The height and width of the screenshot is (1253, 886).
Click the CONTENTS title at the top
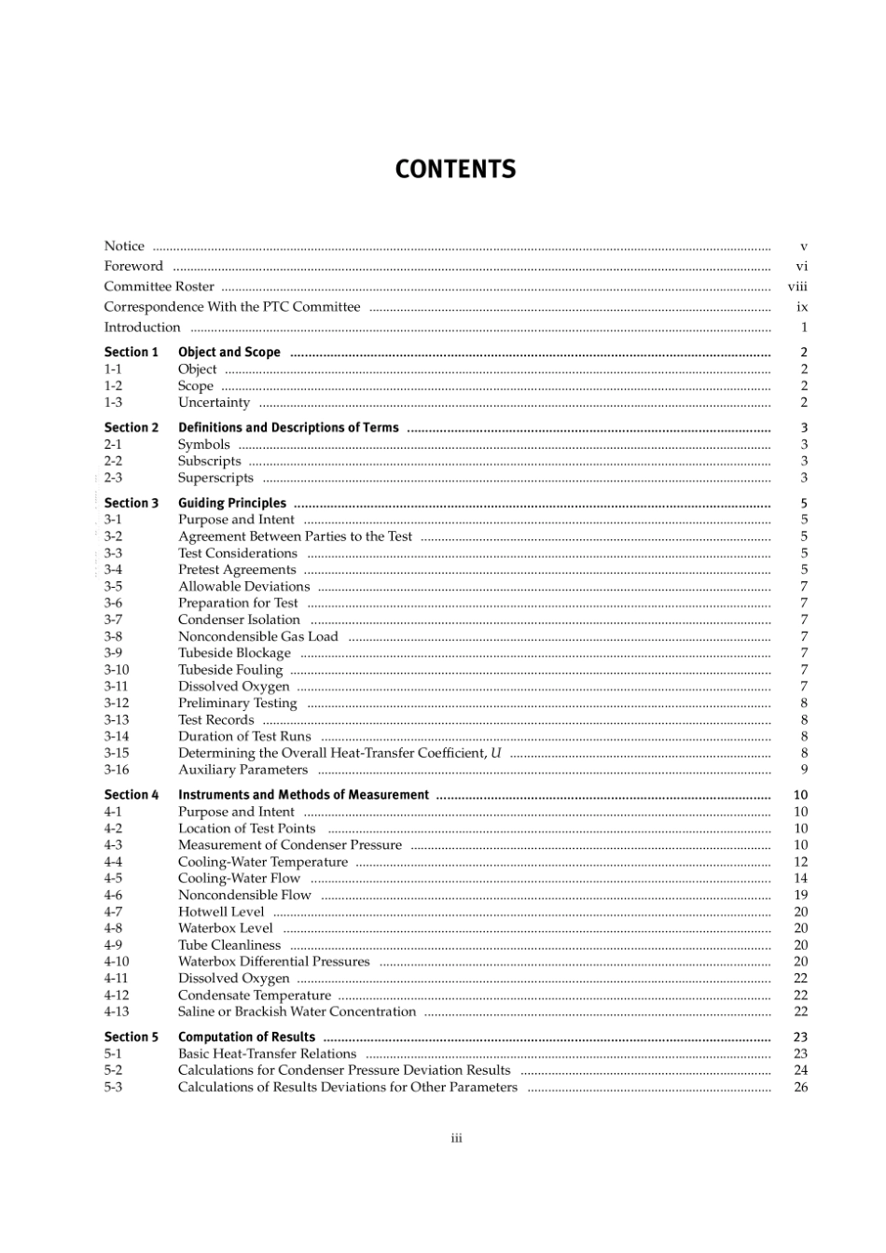(x=455, y=170)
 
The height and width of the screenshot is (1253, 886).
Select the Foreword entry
(x=133, y=267)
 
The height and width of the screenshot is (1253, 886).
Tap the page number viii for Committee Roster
(x=797, y=287)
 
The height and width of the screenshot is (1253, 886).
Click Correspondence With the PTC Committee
(x=231, y=307)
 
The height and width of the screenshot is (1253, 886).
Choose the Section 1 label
(x=131, y=353)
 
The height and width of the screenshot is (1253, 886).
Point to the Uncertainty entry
(x=214, y=403)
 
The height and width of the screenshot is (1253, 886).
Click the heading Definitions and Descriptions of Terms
(x=288, y=428)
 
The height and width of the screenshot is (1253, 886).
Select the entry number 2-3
(x=113, y=478)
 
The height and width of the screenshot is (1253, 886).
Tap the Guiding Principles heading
(x=232, y=503)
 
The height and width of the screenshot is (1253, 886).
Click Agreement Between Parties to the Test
(x=295, y=536)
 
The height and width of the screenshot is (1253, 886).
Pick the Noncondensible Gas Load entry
(x=257, y=636)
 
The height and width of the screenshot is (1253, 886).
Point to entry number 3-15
(x=117, y=753)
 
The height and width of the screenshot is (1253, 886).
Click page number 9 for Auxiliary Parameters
(x=804, y=770)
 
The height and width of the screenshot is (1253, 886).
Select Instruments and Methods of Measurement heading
(x=303, y=795)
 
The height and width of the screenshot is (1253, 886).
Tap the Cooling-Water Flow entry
(x=239, y=878)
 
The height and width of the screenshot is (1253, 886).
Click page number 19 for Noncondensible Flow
(x=800, y=895)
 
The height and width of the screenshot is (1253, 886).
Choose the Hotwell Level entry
(x=221, y=912)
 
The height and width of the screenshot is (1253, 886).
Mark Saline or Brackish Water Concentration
(x=297, y=1011)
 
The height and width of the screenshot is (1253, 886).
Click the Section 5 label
(x=131, y=1037)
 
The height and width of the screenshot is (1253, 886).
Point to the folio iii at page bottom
(x=457, y=1138)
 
